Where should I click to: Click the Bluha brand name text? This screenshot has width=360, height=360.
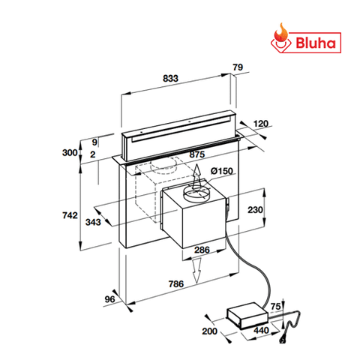coord(316,43)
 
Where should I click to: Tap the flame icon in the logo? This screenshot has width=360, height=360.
coord(280,35)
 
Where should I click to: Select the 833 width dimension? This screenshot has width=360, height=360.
coord(170,79)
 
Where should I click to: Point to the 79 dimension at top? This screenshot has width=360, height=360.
coord(238,67)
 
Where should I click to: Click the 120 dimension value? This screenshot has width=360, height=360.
coord(261,124)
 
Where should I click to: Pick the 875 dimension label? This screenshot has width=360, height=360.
coord(197,154)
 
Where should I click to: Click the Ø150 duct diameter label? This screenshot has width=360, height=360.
coord(222,171)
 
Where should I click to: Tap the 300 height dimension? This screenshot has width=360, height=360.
coord(70,152)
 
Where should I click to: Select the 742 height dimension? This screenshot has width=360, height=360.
coord(70,215)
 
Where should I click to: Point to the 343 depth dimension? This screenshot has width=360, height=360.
coord(93,222)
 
